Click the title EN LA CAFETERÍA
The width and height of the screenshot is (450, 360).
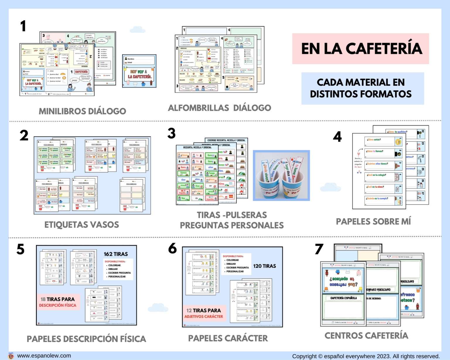tap(362, 49)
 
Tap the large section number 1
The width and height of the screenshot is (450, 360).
tap(23, 26)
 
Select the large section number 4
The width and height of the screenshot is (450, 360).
tap(337, 137)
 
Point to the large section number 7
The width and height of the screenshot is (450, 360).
tap(319, 249)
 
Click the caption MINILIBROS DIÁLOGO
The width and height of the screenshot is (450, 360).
tap(82, 111)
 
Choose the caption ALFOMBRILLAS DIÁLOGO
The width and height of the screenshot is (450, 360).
tap(219, 108)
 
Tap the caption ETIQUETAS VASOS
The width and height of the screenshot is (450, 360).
tap(82, 225)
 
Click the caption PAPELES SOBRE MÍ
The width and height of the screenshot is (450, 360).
tap(373, 221)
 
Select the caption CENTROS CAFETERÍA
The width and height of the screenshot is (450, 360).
tap(366, 335)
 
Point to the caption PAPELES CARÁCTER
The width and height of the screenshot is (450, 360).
tap(228, 338)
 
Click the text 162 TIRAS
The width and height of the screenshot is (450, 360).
tap(116, 254)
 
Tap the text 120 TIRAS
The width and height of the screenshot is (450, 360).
tap(265, 266)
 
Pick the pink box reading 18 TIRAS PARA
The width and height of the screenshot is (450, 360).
tap(57, 302)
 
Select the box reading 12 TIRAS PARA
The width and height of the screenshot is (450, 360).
tap(204, 313)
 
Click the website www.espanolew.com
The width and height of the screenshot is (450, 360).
tap(44, 356)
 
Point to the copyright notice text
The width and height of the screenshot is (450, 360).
tap(366, 356)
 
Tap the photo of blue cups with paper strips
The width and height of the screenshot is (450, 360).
tap(281, 175)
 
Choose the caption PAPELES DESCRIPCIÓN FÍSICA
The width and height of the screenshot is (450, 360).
tap(86, 339)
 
